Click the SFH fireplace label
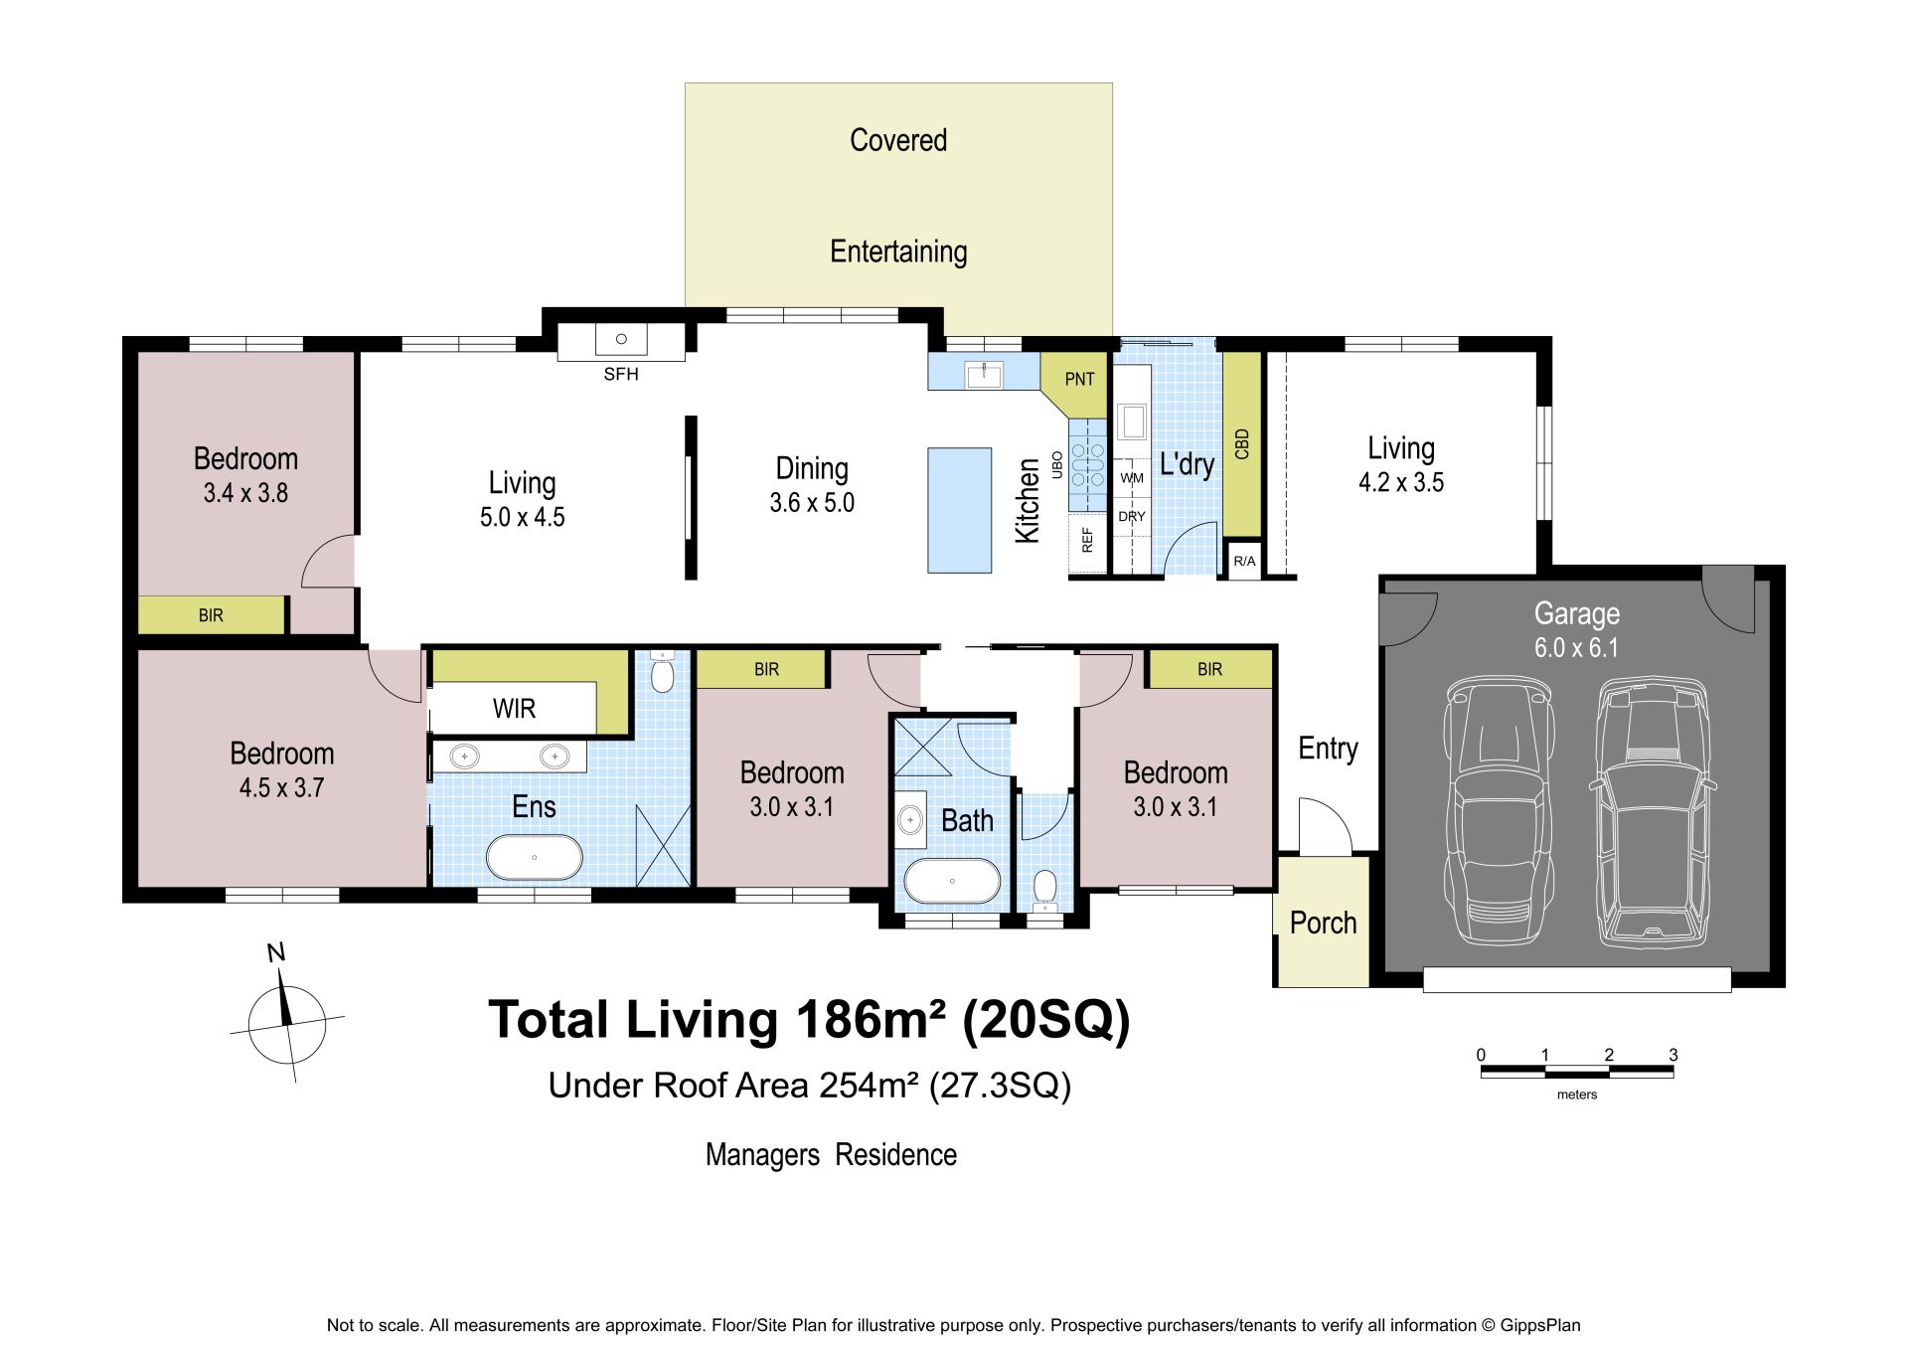point(621,374)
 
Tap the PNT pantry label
point(1079,379)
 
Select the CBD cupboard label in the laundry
point(1241,443)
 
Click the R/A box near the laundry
point(1244,562)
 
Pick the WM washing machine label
point(1132,478)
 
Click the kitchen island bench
point(960,510)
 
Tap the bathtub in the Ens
point(535,857)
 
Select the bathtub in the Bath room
point(952,881)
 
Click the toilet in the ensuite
point(662,672)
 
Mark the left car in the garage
point(1500,810)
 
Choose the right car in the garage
point(1653,810)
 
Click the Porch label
point(1323,924)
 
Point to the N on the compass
point(276,953)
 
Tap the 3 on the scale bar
point(1673,1055)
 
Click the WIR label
point(514,709)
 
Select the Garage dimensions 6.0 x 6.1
point(1576,648)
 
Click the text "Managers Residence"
point(831,1155)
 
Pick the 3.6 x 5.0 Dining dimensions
point(812,503)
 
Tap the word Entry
point(1328,749)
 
